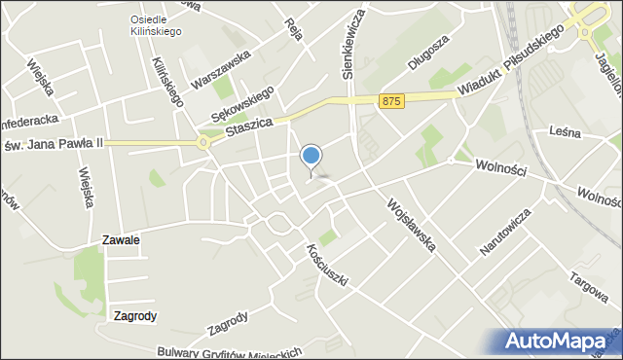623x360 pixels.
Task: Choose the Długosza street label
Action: [429, 54]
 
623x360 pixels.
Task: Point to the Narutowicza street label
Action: [505, 231]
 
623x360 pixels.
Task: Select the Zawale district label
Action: [121, 239]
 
